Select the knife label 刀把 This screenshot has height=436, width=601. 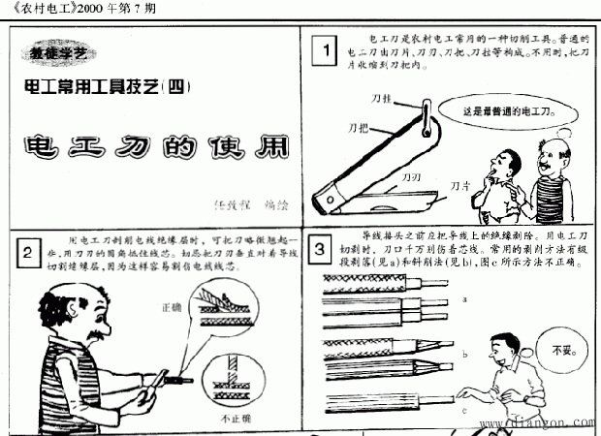(358, 127)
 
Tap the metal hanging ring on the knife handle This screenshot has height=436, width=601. (427, 121)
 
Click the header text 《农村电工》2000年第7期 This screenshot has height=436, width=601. (73, 9)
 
